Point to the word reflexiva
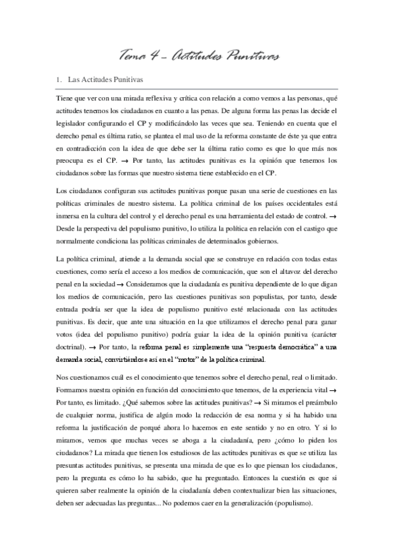pos(153,99)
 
